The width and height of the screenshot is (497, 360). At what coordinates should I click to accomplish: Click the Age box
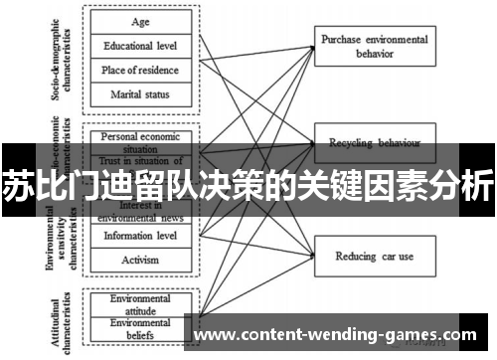click(141, 20)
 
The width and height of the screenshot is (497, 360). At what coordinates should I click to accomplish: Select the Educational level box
click(141, 45)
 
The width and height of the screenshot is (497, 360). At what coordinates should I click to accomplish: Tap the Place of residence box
click(141, 70)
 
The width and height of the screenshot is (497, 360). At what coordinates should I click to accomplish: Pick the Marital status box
click(141, 94)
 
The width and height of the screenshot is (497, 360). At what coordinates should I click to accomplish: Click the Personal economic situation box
click(141, 140)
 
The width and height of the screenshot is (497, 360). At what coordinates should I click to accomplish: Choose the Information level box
click(141, 236)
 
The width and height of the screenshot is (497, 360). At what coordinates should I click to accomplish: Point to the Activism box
click(141, 261)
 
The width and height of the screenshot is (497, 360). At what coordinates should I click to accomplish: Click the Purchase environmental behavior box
click(374, 46)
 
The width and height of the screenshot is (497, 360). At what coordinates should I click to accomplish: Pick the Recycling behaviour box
click(374, 143)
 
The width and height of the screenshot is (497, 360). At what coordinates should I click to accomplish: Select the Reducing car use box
click(374, 256)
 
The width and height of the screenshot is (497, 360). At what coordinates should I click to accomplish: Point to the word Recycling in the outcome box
click(358, 143)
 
